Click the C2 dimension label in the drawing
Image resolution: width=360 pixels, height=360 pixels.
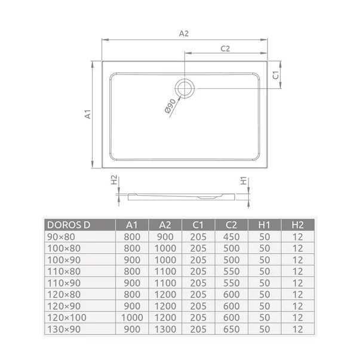tap(226, 49)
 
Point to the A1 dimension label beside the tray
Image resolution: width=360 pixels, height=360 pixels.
tap(87, 113)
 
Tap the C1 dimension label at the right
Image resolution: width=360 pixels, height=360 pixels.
tap(276, 75)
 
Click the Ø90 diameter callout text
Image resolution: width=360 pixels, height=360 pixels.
tap(170, 107)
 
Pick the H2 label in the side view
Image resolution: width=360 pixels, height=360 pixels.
tap(115, 181)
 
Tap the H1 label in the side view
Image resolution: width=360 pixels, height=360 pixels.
tap(244, 181)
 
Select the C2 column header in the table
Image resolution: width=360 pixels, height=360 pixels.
tap(232, 225)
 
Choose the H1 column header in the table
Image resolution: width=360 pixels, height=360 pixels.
tap(264, 225)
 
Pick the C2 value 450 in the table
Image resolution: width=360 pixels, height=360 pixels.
tap(232, 237)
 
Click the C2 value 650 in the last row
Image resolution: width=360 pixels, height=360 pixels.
tap(232, 328)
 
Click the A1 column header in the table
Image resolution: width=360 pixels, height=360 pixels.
tap(132, 225)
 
